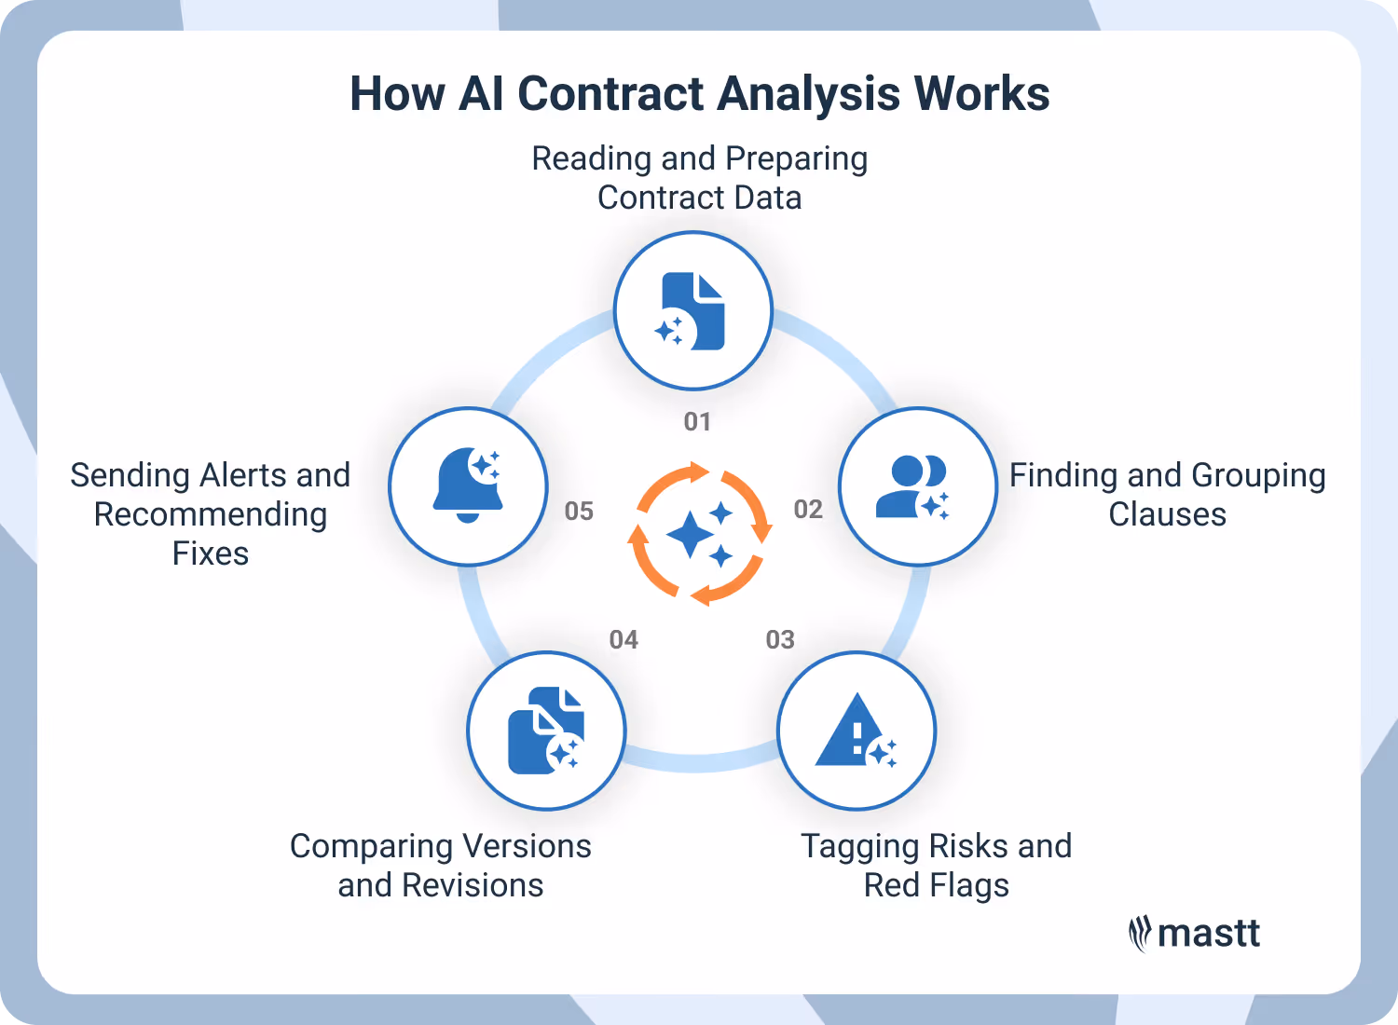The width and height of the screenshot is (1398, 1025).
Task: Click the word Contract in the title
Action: coord(610,94)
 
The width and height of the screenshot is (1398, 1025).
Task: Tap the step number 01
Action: coord(697,422)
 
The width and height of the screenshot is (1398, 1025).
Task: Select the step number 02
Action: coord(808,510)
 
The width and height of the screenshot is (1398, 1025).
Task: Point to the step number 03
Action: coord(780,640)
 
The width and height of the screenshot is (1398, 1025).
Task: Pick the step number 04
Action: coord(624,640)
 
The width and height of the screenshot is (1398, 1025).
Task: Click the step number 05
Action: coord(579,512)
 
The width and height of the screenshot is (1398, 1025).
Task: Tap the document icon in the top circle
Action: coord(693,311)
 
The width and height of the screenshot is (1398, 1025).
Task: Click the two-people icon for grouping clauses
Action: coord(913,486)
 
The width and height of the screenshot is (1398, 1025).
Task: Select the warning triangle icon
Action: coord(854,731)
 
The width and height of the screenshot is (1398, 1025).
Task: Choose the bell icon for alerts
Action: coord(468,485)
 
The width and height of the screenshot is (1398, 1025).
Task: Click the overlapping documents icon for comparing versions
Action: coord(544,731)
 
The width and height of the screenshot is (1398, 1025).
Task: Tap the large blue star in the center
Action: coord(691,535)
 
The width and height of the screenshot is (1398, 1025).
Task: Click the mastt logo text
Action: coord(1208,933)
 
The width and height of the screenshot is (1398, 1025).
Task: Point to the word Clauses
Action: coord(1167,514)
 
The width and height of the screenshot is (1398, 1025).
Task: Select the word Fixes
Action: coord(211,553)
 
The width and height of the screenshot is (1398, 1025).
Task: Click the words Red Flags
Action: coord(936,885)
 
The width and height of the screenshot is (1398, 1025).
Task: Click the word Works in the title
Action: coord(981,94)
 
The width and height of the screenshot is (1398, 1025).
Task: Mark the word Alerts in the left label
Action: coord(243,475)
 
